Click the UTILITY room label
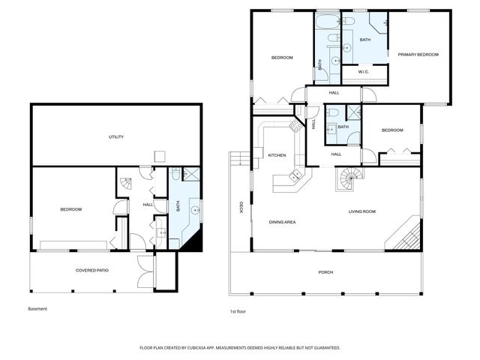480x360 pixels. click(115, 136)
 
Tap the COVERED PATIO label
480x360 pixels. click(92, 269)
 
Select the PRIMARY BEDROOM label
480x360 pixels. click(418, 55)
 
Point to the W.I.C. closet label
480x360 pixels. click(363, 72)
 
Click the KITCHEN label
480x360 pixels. click(277, 155)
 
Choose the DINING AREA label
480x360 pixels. click(282, 222)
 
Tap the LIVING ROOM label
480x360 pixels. click(361, 212)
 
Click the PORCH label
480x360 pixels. click(325, 271)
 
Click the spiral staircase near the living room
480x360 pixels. click(347, 179)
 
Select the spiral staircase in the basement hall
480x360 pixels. click(124, 181)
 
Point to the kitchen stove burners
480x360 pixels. click(295, 128)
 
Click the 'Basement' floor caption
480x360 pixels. click(37, 309)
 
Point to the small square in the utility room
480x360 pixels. click(159, 155)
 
